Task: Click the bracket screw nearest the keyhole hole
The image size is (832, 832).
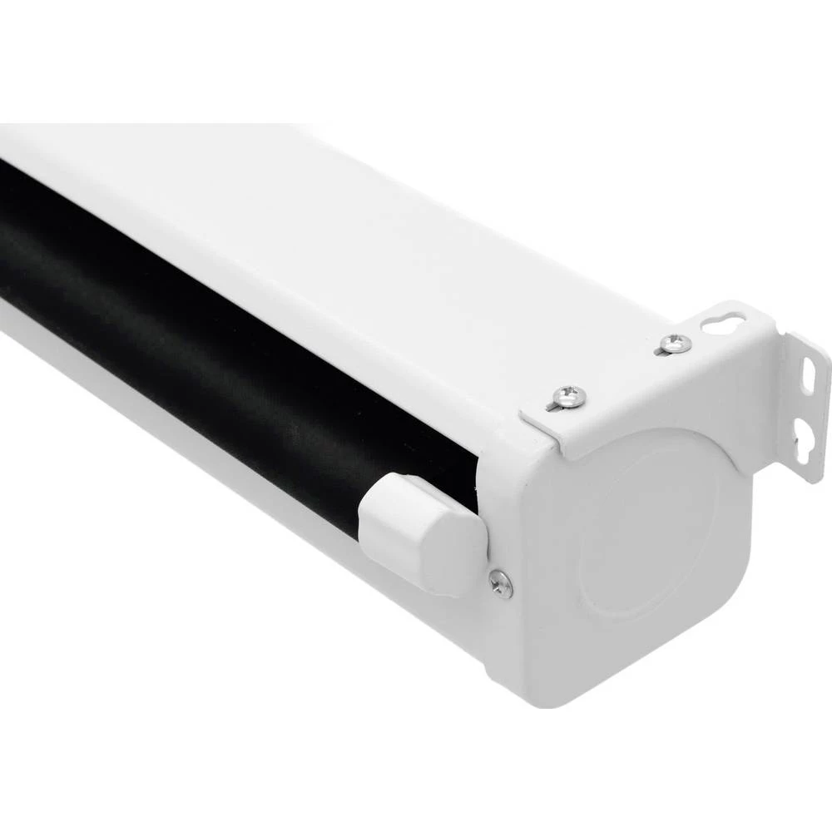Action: coord(674,343)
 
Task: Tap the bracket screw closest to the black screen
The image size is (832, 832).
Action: coord(569,396)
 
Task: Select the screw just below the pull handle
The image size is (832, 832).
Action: coord(501,584)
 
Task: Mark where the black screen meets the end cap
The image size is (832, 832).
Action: coord(478,483)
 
